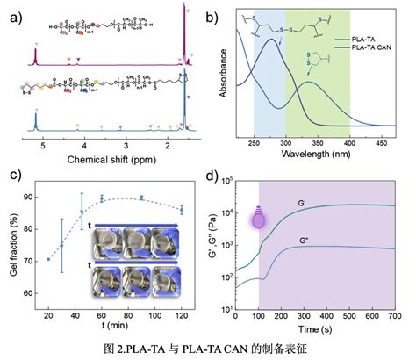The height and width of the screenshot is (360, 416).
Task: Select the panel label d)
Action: [219, 179]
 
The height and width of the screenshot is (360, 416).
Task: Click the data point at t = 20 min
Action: [48, 259]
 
